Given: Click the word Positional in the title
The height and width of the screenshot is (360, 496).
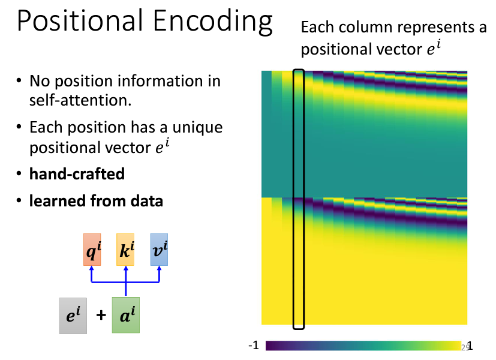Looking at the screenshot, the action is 79,21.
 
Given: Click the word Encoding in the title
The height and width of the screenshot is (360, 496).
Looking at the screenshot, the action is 212,22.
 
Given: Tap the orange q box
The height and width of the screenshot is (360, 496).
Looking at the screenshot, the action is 92,250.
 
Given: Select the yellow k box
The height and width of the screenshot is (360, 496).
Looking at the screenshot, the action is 125,250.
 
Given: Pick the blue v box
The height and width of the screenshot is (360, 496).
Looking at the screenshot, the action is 159,250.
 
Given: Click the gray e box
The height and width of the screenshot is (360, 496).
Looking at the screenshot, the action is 73,316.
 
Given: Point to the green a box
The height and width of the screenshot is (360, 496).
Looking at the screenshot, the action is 126,315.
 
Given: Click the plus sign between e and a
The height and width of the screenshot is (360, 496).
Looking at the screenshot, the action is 101,315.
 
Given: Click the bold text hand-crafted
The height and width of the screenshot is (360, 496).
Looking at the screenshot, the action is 77,173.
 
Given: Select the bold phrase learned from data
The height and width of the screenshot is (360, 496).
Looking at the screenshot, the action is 96,201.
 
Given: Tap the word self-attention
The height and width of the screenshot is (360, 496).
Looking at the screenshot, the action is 80,100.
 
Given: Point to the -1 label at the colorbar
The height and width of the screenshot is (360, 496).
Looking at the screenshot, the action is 254,346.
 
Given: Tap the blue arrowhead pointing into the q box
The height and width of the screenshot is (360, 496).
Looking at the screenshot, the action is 92,268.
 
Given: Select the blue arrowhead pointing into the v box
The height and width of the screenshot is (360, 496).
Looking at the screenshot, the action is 159,268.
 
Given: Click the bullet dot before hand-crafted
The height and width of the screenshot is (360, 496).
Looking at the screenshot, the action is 19,173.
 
